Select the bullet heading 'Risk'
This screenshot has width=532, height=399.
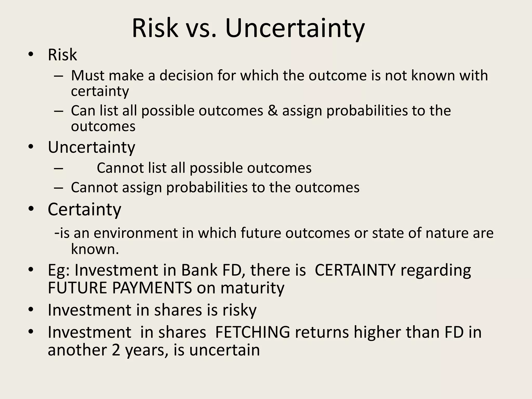point(62,55)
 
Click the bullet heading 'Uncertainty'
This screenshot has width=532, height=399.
point(91,147)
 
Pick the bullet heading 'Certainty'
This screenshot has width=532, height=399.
point(84,209)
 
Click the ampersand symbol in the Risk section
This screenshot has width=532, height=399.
point(273,111)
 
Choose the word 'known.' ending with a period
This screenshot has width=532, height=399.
point(95,249)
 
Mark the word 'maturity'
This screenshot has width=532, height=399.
point(252,288)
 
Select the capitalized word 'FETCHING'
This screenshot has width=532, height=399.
point(252,332)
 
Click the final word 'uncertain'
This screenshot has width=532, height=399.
point(224,350)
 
